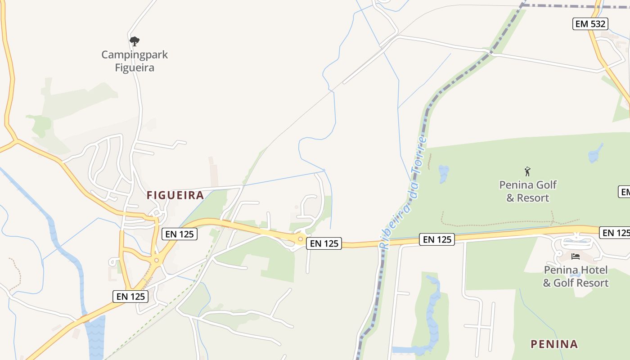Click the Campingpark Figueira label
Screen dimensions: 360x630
134,61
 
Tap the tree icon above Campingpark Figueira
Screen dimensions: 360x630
134,41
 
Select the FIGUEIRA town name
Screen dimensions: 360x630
175,195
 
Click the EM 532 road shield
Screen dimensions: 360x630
590,24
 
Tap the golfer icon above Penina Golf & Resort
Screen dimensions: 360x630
527,171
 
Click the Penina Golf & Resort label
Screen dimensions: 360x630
528,191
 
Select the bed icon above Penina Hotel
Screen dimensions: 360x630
575,256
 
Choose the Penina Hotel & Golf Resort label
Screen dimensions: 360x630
576,276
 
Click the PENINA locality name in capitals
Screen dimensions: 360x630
554,344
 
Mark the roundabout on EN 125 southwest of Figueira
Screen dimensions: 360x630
157,260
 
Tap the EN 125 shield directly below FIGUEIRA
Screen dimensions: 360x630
179,234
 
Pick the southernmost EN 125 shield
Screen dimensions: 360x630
130,296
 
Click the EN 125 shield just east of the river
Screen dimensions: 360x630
436,239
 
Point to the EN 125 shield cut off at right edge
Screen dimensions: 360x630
615,233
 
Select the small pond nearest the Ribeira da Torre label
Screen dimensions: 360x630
444,173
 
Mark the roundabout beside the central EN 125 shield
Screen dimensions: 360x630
300,239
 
